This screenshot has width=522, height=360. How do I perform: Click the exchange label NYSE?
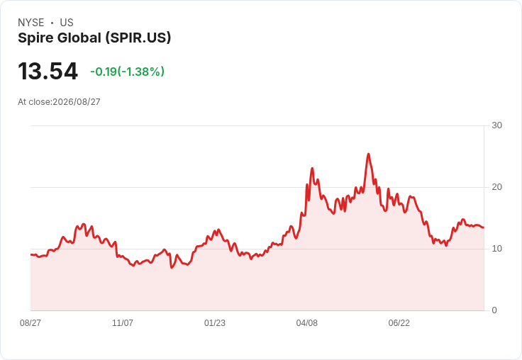[x=31, y=23]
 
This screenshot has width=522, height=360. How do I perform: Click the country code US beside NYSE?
[x=67, y=23]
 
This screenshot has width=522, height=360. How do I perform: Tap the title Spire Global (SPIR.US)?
[x=94, y=38]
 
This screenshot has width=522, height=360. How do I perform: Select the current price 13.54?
[x=48, y=71]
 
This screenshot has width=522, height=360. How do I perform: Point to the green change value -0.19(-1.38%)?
[x=127, y=72]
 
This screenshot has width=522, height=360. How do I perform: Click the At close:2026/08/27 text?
[x=59, y=102]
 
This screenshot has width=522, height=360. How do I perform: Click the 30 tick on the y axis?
[x=496, y=125]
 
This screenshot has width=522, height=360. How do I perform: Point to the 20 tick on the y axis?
[x=496, y=187]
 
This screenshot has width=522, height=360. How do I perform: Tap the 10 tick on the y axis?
[x=496, y=249]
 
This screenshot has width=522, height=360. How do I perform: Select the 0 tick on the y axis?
[x=494, y=310]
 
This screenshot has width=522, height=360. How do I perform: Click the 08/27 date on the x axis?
[x=30, y=323]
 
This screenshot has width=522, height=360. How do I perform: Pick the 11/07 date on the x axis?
[x=123, y=323]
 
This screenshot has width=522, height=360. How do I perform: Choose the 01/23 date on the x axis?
[x=215, y=323]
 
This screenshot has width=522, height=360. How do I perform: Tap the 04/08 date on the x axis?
[x=307, y=323]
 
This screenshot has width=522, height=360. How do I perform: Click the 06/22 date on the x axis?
[x=399, y=323]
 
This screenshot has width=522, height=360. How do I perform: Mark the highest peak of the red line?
[x=368, y=154]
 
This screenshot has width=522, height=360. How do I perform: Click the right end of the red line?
[x=484, y=227]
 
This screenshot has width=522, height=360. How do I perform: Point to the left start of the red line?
[x=31, y=255]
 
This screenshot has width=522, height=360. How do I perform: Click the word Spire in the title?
[x=35, y=38]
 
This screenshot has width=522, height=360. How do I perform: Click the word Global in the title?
[x=79, y=38]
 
